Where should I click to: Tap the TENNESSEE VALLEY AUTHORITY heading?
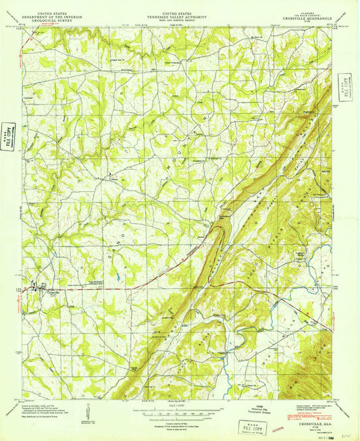click(179, 16)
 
